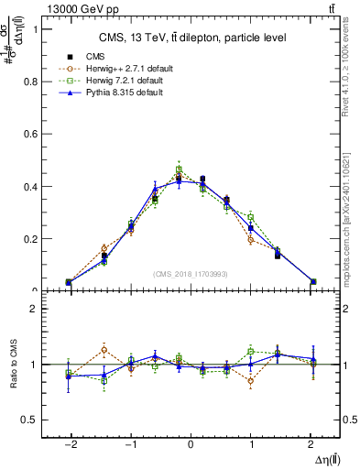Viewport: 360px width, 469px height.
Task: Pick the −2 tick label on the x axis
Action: (69, 442)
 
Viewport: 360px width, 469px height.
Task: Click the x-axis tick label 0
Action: (191, 442)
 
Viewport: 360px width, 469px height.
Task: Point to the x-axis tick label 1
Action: (251, 442)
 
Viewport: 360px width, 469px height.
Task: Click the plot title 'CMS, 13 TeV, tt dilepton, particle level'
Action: (192, 38)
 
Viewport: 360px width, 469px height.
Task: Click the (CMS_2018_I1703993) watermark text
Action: (191, 274)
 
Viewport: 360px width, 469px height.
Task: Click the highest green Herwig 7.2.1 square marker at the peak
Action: (179, 169)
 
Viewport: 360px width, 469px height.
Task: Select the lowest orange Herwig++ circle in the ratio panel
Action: (250, 381)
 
